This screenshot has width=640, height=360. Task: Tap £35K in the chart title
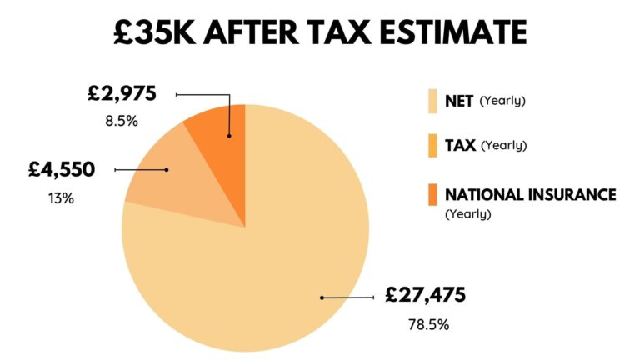click(x=155, y=32)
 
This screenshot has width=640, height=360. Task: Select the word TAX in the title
click(x=320, y=32)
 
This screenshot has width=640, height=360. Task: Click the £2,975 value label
click(x=122, y=94)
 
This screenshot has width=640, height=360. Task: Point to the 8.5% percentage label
click(x=121, y=121)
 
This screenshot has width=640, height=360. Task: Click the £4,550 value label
click(x=61, y=170)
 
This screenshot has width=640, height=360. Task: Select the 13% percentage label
click(x=61, y=199)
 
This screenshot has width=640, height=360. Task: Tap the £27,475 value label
click(x=425, y=295)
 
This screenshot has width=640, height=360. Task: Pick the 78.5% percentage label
click(x=425, y=325)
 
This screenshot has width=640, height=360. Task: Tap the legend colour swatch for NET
click(x=432, y=101)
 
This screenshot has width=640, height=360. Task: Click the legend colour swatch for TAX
click(x=432, y=146)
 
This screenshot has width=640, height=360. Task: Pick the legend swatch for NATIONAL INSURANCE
click(x=432, y=195)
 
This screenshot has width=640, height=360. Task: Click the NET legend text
click(x=459, y=101)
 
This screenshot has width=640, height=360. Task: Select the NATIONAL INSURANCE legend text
click(x=530, y=195)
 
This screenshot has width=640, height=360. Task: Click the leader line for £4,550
click(x=141, y=170)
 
